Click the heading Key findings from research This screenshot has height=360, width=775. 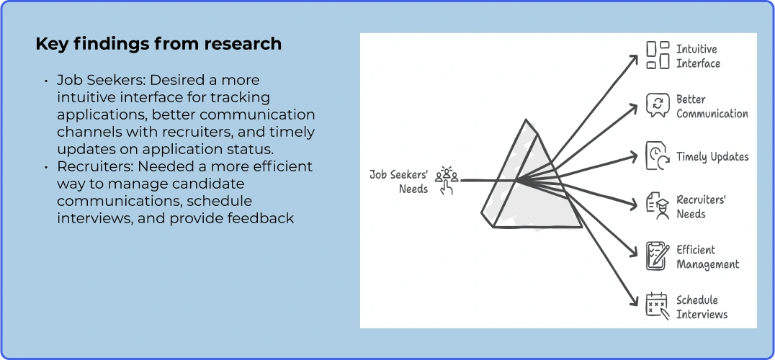pyautogui.click(x=158, y=44)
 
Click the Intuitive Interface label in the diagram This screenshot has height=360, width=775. pyautogui.click(x=698, y=56)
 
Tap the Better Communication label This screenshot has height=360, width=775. pyautogui.click(x=712, y=107)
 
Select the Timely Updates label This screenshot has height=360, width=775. pyautogui.click(x=712, y=157)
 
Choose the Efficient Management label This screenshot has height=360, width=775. pyautogui.click(x=707, y=257)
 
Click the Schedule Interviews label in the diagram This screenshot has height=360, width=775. pyautogui.click(x=702, y=307)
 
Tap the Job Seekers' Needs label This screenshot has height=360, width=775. pyautogui.click(x=399, y=181)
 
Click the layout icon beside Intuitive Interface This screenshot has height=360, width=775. pyautogui.click(x=658, y=55)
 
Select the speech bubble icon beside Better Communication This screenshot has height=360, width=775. pyautogui.click(x=658, y=105)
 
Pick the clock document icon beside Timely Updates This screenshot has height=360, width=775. pyautogui.click(x=658, y=156)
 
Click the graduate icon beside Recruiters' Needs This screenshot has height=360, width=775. pyautogui.click(x=658, y=207)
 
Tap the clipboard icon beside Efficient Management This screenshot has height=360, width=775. pyautogui.click(x=658, y=256)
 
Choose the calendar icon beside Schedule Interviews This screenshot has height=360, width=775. pyautogui.click(x=658, y=306)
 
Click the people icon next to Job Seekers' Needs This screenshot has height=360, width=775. pyautogui.click(x=447, y=180)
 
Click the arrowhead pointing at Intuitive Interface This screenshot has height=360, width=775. pyautogui.click(x=634, y=60)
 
